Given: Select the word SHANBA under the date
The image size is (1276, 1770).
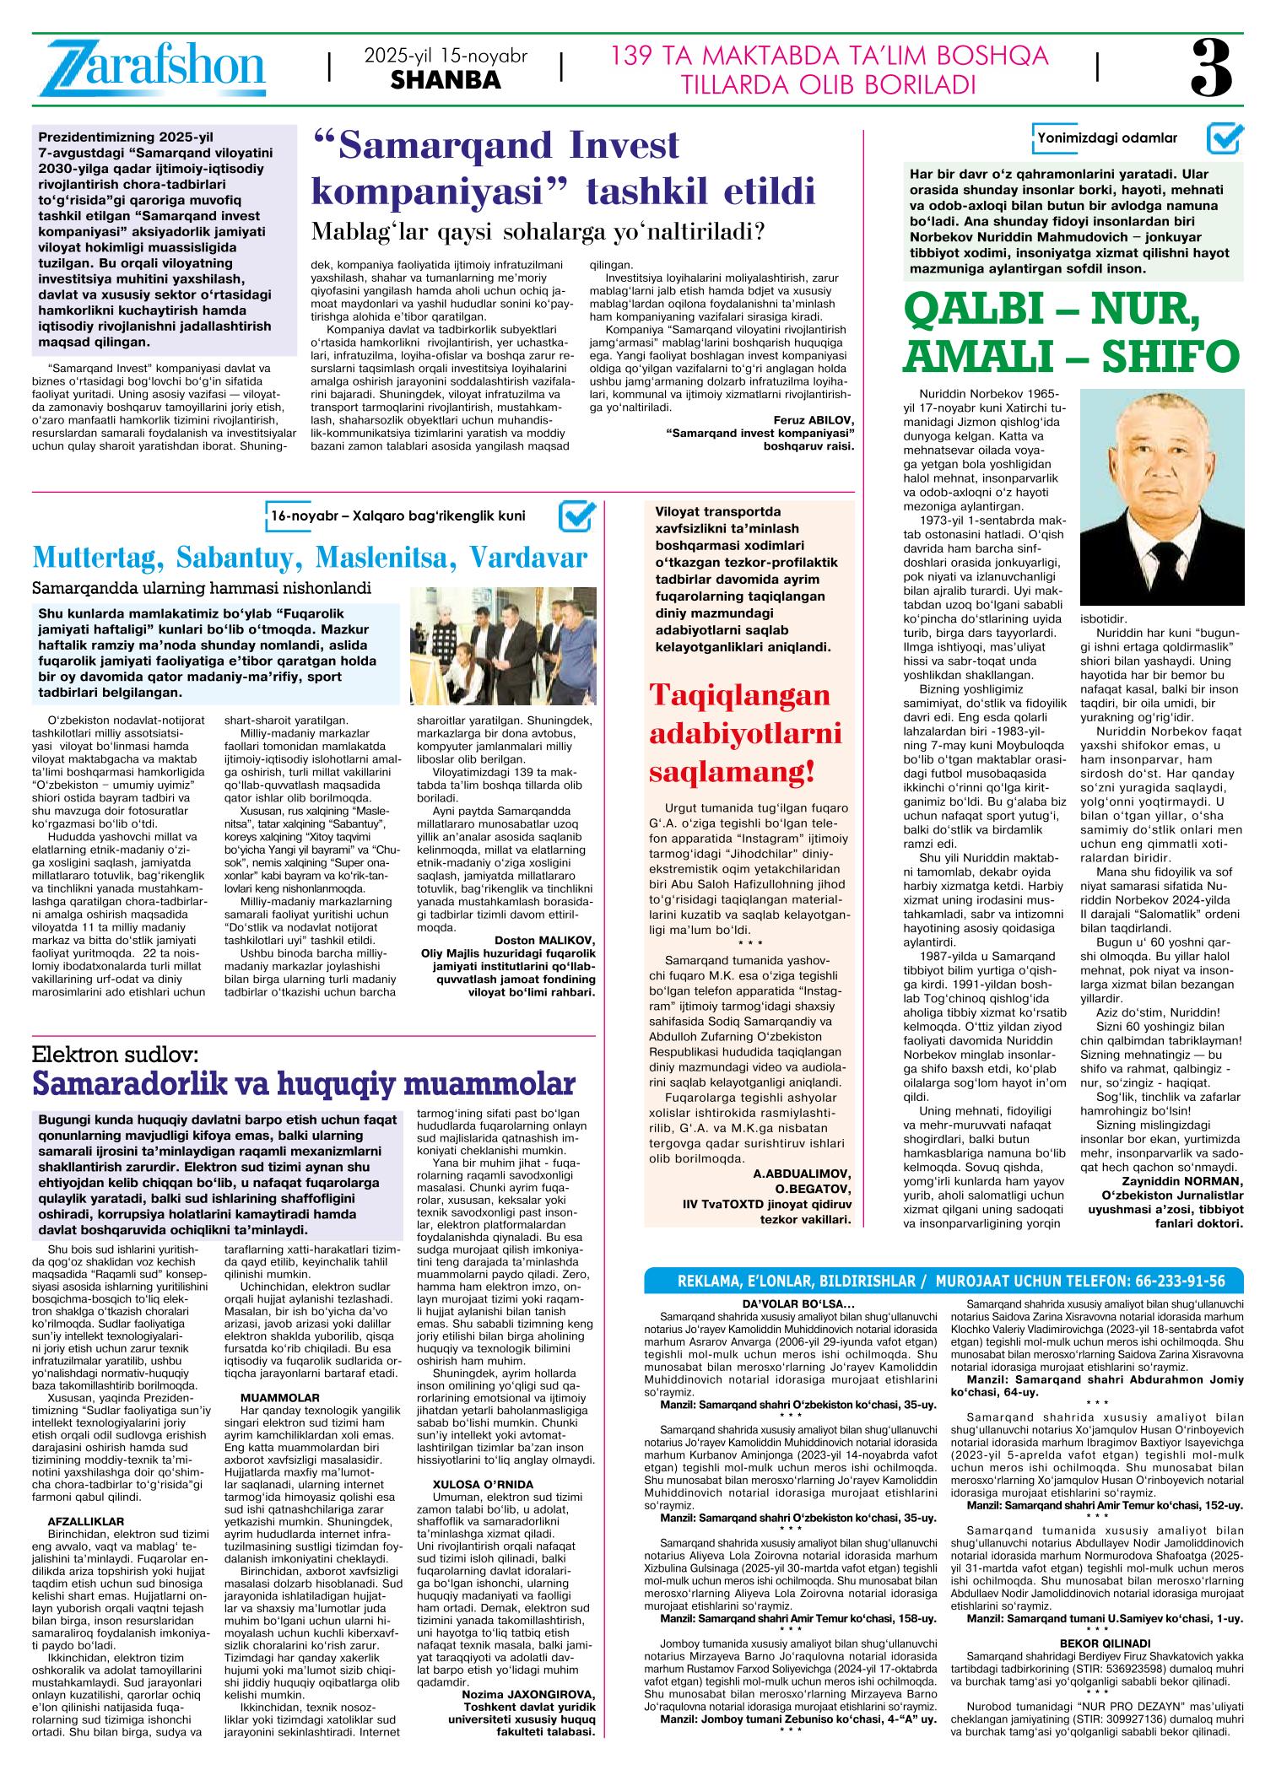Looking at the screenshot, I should pyautogui.click(x=446, y=81).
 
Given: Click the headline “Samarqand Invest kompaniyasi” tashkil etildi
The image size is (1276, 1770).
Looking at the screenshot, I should pyautogui.click(x=563, y=168).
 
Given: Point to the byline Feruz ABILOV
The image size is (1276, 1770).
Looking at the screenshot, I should pyautogui.click(x=814, y=419).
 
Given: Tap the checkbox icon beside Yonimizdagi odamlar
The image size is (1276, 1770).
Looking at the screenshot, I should pyautogui.click(x=1225, y=138).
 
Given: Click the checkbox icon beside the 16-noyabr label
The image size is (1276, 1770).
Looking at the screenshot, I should pyautogui.click(x=577, y=516).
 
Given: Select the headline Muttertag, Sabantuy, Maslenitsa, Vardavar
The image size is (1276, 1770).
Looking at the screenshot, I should pyautogui.click(x=310, y=558).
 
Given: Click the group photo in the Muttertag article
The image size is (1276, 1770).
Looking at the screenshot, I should pyautogui.click(x=504, y=645).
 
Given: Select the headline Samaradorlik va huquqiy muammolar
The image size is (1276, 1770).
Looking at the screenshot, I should pyautogui.click(x=304, y=1083).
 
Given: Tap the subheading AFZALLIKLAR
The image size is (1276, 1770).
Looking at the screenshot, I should pyautogui.click(x=86, y=1520).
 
